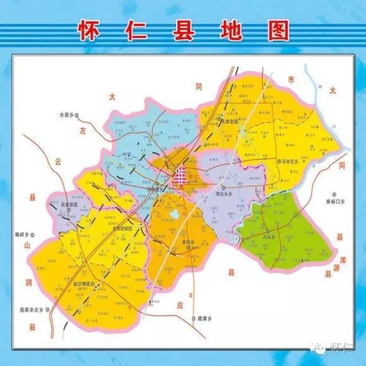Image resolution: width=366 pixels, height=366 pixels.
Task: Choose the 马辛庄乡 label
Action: [x=292, y=161]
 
